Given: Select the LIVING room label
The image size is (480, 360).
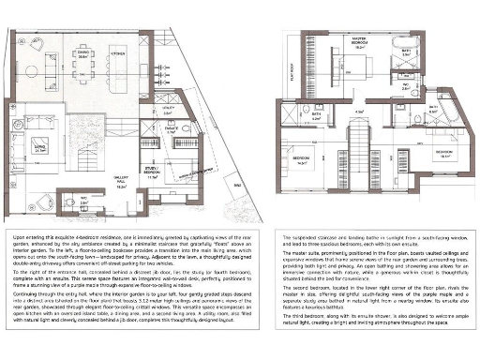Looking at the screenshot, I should click(40, 147).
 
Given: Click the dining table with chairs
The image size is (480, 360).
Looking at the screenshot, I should click(83, 70).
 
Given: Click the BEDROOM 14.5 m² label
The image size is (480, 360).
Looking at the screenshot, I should click(300, 159).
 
